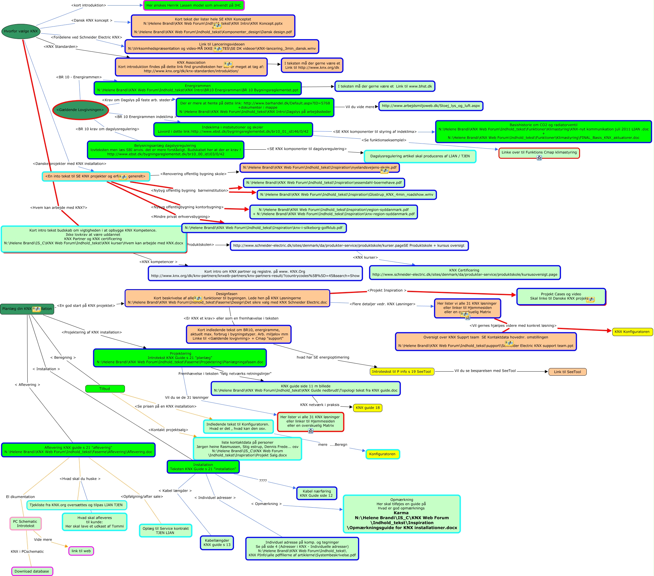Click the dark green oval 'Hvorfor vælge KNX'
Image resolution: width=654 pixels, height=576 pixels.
(21, 31)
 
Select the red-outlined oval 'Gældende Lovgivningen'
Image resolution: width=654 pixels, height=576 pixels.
(80, 110)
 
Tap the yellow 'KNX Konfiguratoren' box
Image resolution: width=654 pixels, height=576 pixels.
(632, 332)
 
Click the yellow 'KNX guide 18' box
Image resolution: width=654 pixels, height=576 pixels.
(368, 408)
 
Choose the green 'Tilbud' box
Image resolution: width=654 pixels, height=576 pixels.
(105, 389)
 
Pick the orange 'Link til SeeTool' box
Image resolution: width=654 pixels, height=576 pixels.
(567, 372)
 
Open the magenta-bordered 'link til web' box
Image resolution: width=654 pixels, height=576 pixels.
(81, 551)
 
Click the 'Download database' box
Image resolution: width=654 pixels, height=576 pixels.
(32, 572)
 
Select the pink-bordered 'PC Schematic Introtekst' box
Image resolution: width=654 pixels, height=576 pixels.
(26, 524)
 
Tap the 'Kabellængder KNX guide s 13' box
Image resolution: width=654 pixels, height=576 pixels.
(217, 543)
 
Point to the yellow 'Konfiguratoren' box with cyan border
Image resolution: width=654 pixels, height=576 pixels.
(382, 454)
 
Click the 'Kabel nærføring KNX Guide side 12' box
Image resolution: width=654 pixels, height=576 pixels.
(317, 493)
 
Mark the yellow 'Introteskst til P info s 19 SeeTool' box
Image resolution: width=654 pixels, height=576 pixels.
(402, 372)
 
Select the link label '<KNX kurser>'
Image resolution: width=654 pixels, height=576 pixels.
(365, 258)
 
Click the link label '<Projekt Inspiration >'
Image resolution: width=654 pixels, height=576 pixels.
(387, 291)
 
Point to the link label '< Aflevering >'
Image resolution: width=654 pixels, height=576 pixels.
(27, 385)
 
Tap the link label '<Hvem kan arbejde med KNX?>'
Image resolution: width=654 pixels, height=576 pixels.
(59, 208)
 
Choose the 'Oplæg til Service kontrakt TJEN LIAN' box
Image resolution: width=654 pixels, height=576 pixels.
(165, 531)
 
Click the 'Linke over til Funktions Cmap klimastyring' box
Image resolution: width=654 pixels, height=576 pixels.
(539, 153)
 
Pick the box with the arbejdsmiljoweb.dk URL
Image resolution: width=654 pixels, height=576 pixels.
(431, 106)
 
